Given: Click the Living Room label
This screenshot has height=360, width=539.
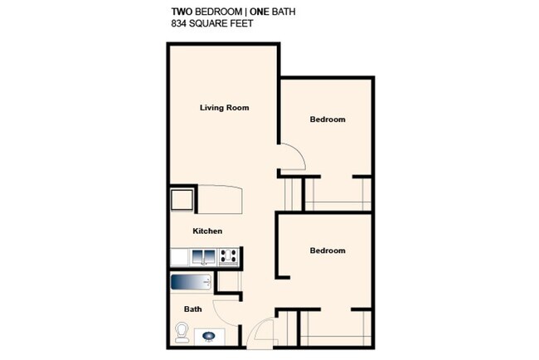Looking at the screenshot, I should tap(225, 108).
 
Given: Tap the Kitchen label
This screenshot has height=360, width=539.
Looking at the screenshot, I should tap(207, 231).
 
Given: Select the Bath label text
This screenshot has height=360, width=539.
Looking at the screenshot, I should tap(193, 309).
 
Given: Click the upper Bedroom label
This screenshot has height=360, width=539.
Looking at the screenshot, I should tap(328, 119).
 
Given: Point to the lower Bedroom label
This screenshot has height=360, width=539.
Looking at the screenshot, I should tap(328, 251).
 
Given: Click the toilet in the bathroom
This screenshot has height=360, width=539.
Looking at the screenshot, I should tap(181, 333).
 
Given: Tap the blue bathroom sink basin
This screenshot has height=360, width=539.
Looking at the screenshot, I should tap(208, 336).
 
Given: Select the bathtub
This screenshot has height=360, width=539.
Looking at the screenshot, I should tap(192, 283).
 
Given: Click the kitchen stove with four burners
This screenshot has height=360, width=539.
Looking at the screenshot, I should tap(230, 257).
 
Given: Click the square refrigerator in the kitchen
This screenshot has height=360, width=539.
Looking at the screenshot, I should tap(182, 200).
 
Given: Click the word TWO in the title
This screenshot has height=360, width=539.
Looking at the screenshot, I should tap(182, 12).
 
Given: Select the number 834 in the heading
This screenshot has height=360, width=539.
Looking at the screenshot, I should tap(180, 24).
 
